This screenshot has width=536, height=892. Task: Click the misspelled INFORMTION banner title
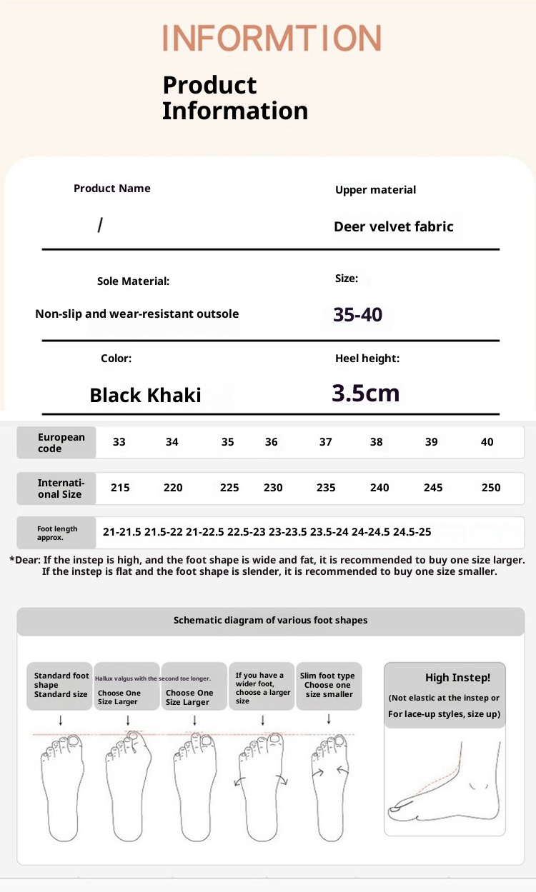[272, 38]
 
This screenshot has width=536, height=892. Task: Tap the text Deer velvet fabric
[393, 227]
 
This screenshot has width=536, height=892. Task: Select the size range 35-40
[357, 314]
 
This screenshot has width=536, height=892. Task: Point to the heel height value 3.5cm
[365, 393]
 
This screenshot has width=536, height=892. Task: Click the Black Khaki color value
[145, 395]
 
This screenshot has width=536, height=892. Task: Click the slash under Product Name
[100, 226]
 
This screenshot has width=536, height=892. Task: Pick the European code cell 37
[326, 442]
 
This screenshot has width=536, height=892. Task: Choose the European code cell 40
[487, 442]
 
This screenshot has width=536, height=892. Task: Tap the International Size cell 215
[120, 488]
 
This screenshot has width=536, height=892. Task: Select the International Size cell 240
[379, 488]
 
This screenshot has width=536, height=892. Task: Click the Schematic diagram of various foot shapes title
[270, 621]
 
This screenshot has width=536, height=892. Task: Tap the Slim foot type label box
[328, 685]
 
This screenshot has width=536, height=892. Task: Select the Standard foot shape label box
[61, 685]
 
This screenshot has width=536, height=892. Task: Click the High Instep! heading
[457, 678]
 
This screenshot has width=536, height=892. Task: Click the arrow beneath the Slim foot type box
[329, 719]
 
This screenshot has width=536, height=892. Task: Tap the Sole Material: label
[133, 281]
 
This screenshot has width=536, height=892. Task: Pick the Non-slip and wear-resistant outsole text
[137, 314]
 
